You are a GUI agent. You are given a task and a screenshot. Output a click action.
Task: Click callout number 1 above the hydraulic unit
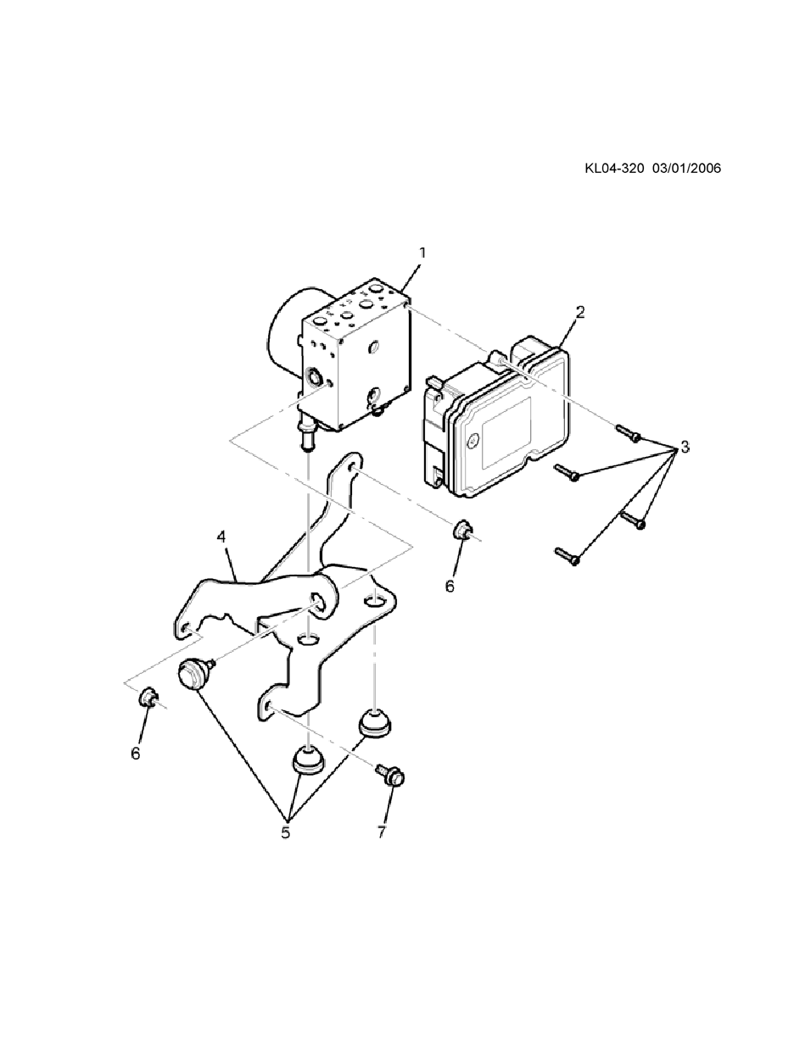tap(422, 253)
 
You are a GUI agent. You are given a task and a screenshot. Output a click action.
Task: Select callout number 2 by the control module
tap(580, 311)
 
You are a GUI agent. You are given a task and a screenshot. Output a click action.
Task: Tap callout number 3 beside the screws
tap(684, 448)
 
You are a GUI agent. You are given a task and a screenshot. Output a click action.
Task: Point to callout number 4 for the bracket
tap(221, 537)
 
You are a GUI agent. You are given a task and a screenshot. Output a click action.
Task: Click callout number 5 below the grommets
tap(286, 832)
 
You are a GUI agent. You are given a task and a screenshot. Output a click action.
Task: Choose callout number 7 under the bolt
tap(382, 832)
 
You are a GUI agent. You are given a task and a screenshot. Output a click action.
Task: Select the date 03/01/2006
tap(687, 168)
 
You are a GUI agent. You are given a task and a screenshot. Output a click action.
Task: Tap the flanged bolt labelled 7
tap(393, 774)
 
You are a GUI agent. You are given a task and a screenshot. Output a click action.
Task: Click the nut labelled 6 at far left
tap(147, 698)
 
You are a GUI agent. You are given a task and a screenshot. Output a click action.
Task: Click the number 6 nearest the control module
tap(450, 586)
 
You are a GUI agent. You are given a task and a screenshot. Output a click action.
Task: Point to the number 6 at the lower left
tap(135, 753)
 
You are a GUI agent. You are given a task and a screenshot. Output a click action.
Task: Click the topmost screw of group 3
tap(628, 432)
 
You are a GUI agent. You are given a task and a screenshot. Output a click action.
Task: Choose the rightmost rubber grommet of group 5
tap(372, 722)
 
